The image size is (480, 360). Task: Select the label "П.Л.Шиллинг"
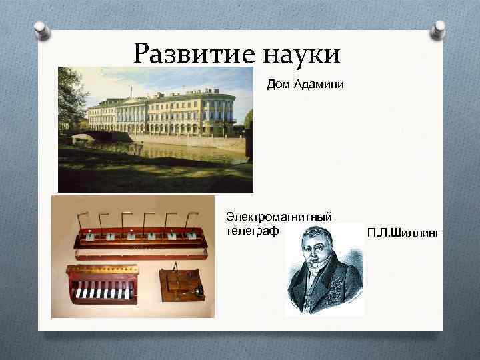pos(403,232)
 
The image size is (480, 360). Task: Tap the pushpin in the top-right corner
pos(438,28)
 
